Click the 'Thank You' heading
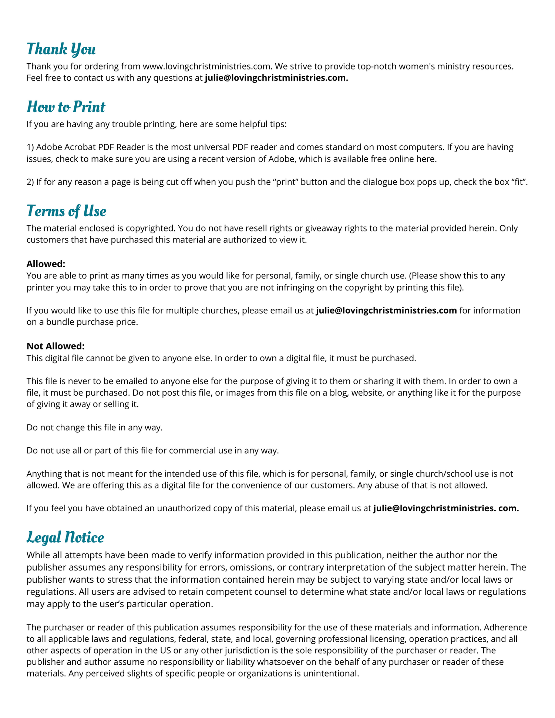(61, 49)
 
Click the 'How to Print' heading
(66, 107)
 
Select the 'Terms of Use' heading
(66, 211)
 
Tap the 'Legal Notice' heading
(65, 537)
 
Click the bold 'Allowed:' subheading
(46, 264)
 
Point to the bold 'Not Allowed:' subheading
(55, 346)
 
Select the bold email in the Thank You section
(276, 78)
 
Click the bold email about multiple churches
(386, 310)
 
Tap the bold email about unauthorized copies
(446, 508)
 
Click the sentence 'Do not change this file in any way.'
(95, 428)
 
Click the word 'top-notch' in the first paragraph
(376, 66)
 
